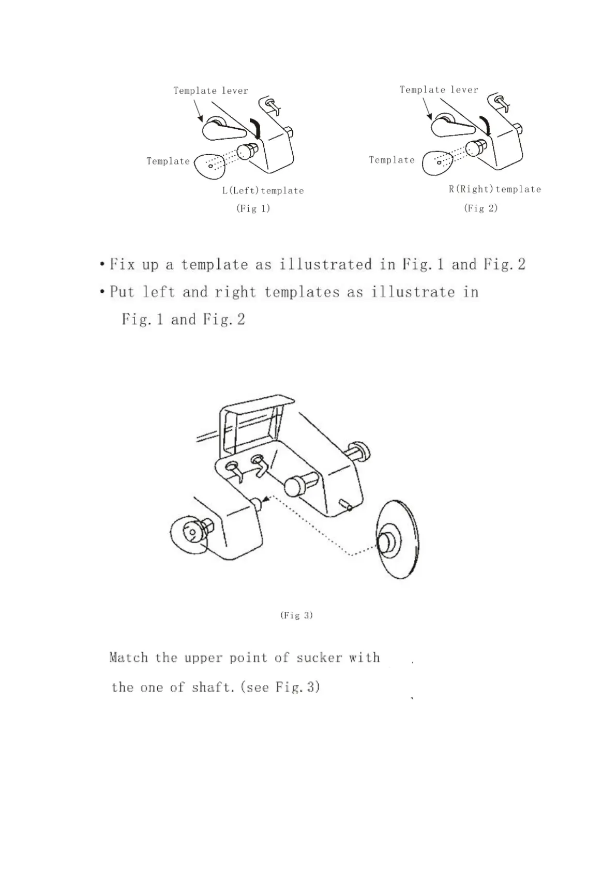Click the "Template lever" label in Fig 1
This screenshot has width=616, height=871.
point(211,91)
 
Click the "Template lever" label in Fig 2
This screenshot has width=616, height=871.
point(439,89)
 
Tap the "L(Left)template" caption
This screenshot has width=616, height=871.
point(263,190)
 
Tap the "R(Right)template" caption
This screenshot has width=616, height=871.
point(494,189)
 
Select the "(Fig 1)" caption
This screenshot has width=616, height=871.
point(253,208)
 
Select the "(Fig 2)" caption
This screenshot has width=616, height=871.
point(480,208)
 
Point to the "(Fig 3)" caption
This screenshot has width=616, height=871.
point(296,615)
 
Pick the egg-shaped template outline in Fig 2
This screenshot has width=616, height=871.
point(437,163)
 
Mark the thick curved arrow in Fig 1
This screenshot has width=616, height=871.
point(256,127)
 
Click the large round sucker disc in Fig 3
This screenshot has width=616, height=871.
point(398,539)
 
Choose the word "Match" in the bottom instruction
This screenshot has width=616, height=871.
point(129,657)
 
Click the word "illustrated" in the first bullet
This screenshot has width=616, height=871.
point(325,264)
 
